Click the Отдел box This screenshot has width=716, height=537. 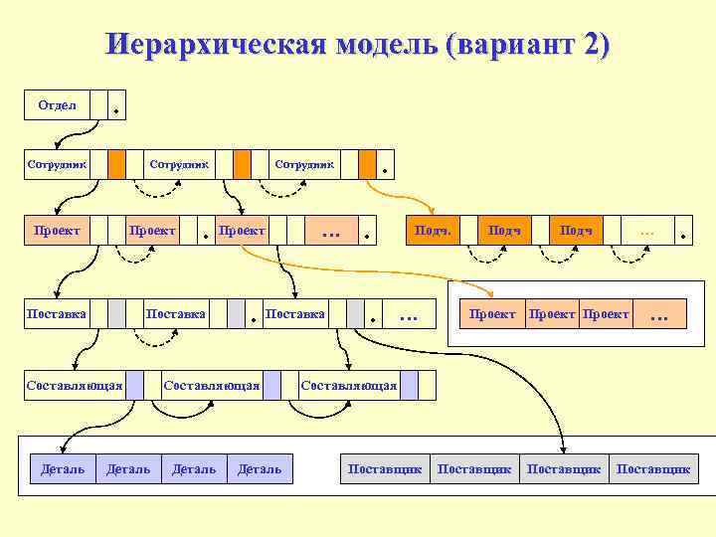tap(57, 104)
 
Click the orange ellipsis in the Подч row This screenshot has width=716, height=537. tap(647, 231)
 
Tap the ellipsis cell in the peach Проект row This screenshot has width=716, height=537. tap(331, 231)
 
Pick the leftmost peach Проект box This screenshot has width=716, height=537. tap(57, 231)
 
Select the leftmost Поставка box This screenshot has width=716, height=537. tap(57, 314)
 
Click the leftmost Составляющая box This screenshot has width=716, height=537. tap(74, 385)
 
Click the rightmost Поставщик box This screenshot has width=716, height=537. tap(653, 468)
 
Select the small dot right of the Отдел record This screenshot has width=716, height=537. tap(118, 111)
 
